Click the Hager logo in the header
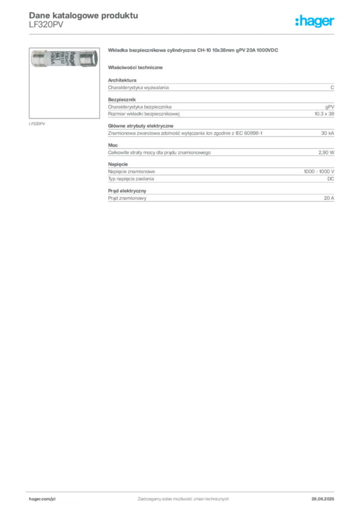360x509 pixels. coord(315,21)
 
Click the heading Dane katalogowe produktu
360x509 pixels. coord(84,15)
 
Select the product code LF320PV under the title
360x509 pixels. coord(46,25)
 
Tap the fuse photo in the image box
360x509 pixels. coord(64,59)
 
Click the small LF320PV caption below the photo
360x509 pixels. coord(37,124)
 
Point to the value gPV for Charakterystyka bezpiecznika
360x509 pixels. coord(330,107)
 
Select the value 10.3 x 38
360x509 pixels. coord(324,114)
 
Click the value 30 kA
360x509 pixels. coord(328,133)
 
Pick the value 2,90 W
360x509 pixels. coord(326,152)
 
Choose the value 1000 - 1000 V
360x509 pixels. coord(319,171)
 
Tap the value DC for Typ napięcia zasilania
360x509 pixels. coord(331,179)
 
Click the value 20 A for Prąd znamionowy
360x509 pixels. coord(329,198)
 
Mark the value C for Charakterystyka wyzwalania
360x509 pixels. coord(332,87)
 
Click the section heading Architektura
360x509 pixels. coord(122,80)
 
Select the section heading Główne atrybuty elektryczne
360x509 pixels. coord(141,126)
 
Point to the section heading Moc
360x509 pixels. coord(113,145)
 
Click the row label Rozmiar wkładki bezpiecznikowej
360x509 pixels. coord(144,114)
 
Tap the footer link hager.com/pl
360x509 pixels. coord(42,499)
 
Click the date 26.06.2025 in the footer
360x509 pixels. coord(323,499)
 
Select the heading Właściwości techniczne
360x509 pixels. coord(135,68)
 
